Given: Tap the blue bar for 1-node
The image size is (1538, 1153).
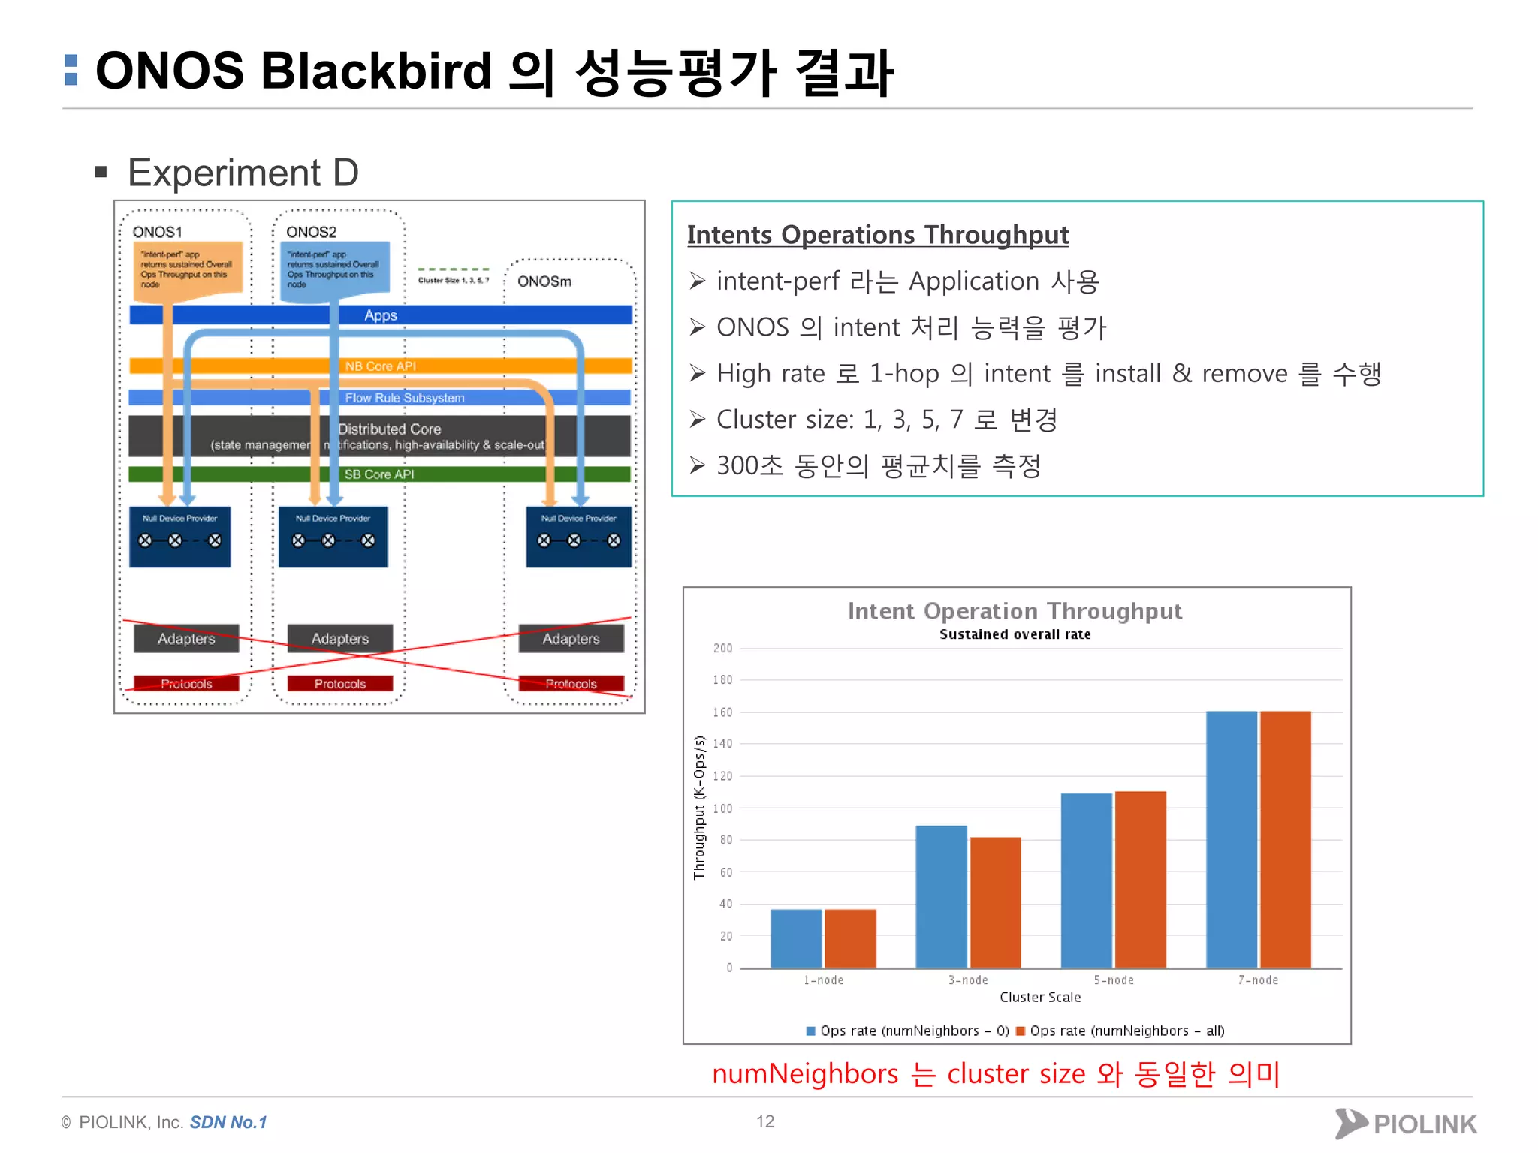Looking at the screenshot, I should [x=796, y=938].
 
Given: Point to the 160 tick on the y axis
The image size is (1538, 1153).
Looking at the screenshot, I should [x=722, y=712].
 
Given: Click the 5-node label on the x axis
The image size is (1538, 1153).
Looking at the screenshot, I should [x=1113, y=980].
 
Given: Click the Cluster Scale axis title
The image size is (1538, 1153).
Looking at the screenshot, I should [x=1040, y=997].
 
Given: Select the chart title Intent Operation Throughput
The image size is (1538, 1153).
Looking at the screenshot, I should [x=1015, y=611].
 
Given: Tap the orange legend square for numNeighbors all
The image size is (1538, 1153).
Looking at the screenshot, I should [x=1021, y=1031].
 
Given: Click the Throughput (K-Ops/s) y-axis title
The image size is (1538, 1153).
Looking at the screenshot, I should [x=699, y=807].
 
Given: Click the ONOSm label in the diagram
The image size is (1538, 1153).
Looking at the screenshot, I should [x=544, y=281].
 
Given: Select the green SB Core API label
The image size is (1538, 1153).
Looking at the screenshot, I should [x=379, y=474].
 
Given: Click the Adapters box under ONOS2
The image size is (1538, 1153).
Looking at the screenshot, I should [x=340, y=639].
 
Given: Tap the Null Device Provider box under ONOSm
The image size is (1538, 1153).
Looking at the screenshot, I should [x=578, y=537].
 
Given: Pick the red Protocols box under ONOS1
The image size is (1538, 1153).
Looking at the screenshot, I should [x=186, y=684].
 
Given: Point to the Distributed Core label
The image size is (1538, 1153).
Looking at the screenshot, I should [x=389, y=429].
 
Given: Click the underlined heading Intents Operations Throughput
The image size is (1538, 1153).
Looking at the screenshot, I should [x=877, y=235].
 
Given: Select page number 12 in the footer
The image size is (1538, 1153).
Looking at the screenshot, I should [x=764, y=1121].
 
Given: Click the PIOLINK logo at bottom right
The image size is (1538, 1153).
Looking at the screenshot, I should [x=1406, y=1124].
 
